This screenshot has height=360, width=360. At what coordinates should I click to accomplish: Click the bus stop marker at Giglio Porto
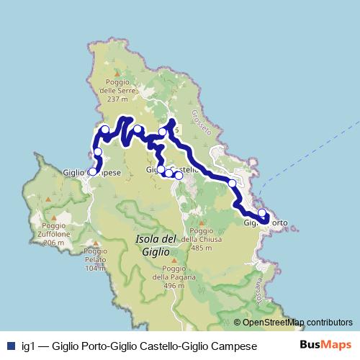point(262,214)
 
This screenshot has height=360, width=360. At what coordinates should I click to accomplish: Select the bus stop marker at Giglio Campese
point(92,171)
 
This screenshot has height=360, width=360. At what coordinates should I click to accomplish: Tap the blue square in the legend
point(10,346)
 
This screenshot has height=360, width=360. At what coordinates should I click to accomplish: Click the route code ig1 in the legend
point(28,346)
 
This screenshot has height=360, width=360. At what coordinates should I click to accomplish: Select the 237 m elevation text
point(117,99)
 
